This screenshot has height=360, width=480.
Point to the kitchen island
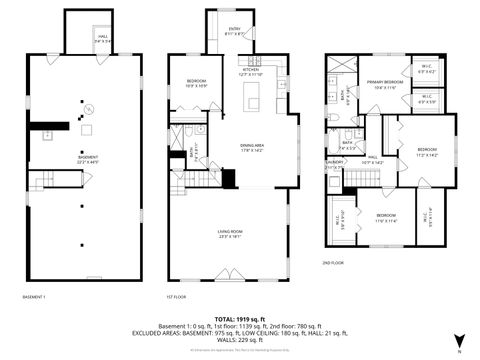pos(253,98)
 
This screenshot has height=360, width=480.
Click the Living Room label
pos(232,234)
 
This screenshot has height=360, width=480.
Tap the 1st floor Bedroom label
pos(196,84)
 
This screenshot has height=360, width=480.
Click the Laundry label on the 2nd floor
pos(333,165)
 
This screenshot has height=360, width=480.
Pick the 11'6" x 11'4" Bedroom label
pos(385,217)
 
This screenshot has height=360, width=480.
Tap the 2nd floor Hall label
pos(372,159)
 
